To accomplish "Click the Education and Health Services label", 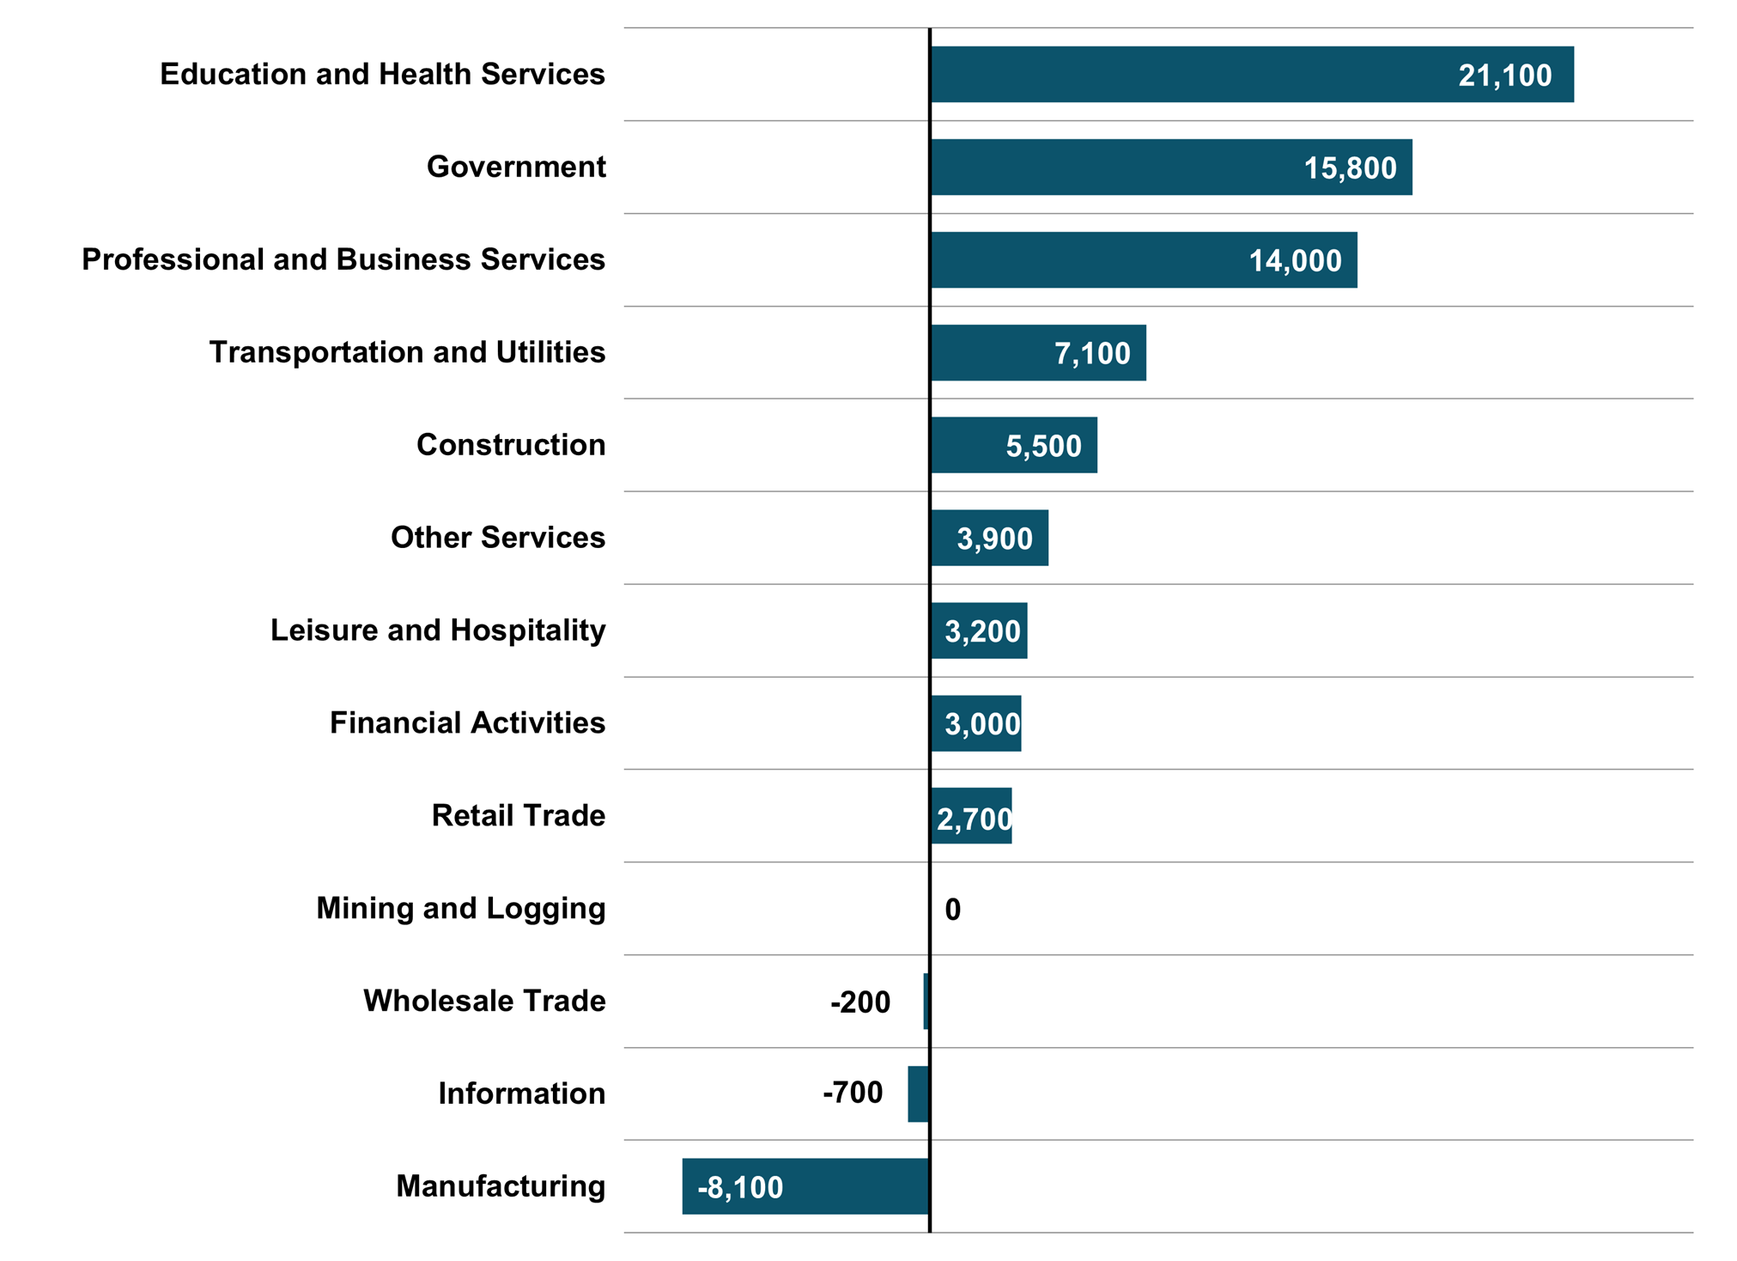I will (382, 74).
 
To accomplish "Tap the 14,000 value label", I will (1294, 260).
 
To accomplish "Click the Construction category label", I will (511, 445).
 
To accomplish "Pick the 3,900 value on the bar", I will (994, 539).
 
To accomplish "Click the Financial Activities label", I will (467, 723).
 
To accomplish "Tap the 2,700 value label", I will (974, 819).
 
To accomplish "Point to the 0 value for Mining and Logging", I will (952, 910).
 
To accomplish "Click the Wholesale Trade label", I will (484, 1001).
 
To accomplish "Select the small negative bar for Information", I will (918, 1093).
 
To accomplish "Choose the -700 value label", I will (853, 1093).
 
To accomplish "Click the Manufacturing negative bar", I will (859, 1186).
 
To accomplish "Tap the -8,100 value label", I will (740, 1187).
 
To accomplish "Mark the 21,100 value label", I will (1504, 76).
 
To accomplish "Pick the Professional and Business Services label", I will (343, 259).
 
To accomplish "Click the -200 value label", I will (860, 1002).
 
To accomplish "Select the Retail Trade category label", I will (518, 815).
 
